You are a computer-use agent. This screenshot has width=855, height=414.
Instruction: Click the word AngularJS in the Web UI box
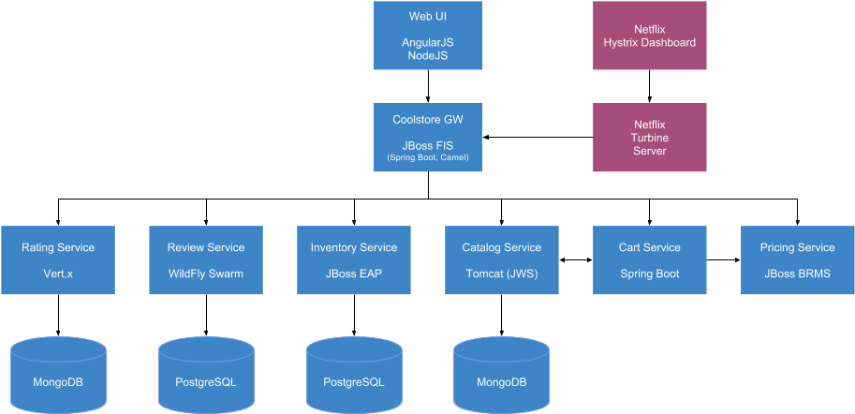(x=427, y=43)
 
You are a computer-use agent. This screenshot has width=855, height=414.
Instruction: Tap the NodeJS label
(x=427, y=56)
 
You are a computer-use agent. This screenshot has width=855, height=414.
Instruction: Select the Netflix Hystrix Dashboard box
(x=649, y=36)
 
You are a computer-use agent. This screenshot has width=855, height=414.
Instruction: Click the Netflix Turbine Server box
(x=649, y=137)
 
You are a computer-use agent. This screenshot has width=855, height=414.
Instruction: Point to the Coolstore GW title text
(x=427, y=120)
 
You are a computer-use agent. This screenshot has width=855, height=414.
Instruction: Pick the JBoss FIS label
(x=427, y=145)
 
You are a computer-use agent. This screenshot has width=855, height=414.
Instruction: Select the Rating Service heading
(x=58, y=247)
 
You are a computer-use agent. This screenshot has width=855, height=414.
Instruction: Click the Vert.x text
(x=58, y=274)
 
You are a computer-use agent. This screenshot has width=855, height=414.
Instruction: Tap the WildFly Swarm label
(x=206, y=274)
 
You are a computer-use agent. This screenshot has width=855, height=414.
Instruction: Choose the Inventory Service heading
(x=354, y=247)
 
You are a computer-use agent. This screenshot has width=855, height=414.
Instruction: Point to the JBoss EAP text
(x=354, y=274)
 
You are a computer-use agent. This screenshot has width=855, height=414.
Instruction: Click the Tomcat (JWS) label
(x=502, y=274)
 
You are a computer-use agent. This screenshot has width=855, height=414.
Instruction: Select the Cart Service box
(x=649, y=259)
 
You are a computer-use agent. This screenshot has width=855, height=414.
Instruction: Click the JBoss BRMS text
(x=797, y=274)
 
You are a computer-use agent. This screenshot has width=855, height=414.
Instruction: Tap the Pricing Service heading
(x=797, y=247)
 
